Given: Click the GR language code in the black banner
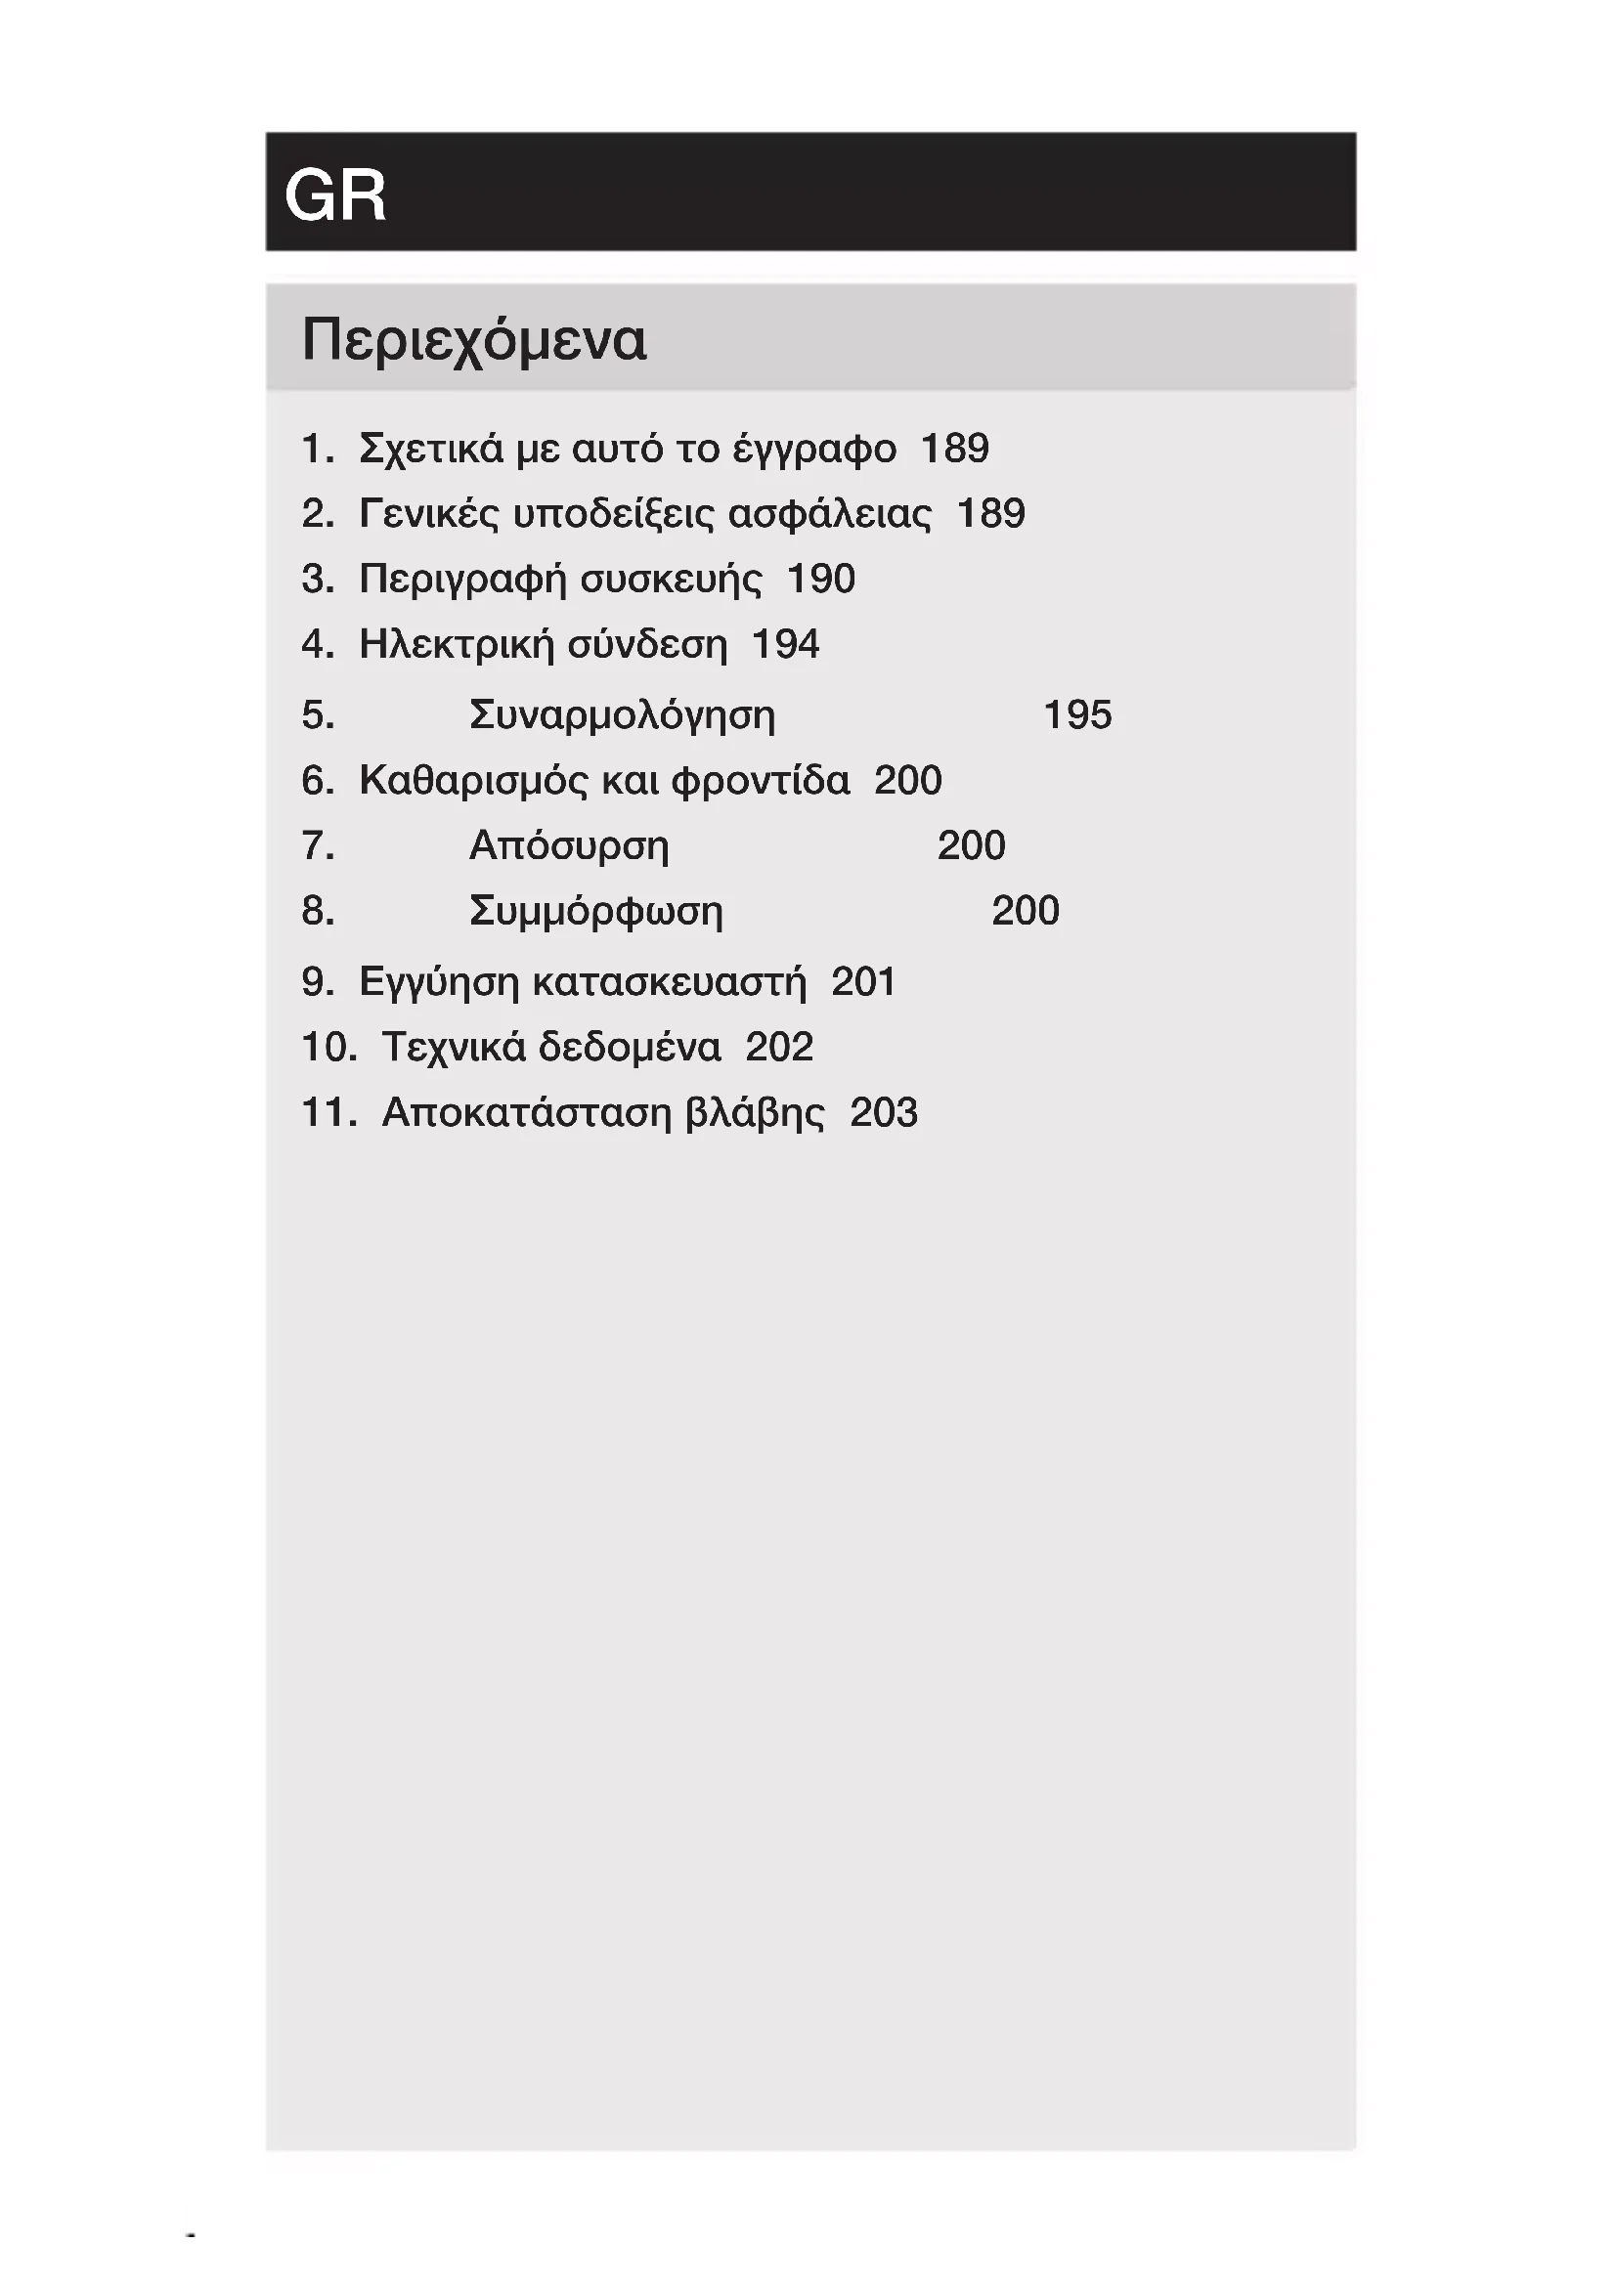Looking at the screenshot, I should click(335, 195).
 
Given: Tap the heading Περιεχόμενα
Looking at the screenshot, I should click(474, 340).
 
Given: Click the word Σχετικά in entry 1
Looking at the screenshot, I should click(431, 449).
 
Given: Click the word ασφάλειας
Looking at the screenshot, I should click(829, 515).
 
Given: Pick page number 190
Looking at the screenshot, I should click(820, 580).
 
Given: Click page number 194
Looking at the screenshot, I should click(785, 645).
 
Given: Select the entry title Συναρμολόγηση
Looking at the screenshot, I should click(622, 715).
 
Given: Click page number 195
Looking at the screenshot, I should click(1076, 714).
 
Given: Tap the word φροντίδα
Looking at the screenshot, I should click(761, 781).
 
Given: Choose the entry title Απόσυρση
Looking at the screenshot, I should click(569, 846).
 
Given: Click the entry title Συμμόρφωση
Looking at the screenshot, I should click(595, 912).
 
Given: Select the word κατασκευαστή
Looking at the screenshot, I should click(669, 982).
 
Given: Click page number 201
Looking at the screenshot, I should click(863, 981).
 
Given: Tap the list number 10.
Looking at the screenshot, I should click(328, 1048).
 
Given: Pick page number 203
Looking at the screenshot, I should click(883, 1113).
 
